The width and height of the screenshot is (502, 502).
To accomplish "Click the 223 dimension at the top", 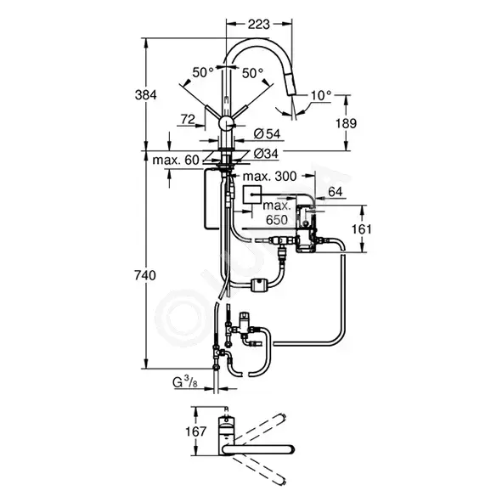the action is pos(259,25).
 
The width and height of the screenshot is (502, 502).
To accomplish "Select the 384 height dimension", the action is pos(146,95).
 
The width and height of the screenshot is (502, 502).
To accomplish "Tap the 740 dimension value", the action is pos(145,275).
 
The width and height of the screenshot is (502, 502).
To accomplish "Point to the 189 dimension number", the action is pos(346,123).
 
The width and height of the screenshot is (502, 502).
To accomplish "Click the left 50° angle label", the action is pos(203,73).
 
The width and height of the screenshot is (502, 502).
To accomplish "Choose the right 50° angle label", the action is pos(252,73).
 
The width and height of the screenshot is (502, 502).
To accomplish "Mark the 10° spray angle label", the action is pos(321,95).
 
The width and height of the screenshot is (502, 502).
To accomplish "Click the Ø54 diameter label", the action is pos(267,134).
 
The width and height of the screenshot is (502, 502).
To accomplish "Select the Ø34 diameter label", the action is pos(266,154).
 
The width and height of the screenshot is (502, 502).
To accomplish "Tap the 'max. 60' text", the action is pos(176,160).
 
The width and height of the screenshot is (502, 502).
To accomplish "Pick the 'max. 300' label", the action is pos(270,177).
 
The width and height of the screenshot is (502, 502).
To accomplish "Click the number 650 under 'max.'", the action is pos(277,220).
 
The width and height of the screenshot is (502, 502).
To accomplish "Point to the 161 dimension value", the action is pos(362,229).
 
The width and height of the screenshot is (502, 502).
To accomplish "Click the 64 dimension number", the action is pos(336,192).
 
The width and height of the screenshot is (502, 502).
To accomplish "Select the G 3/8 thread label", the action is pos(185,382).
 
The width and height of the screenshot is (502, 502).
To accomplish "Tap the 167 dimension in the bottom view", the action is pos(196,431).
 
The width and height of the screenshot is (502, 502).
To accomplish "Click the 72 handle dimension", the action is pos(188,120).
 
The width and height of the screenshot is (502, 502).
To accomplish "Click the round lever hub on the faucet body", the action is pos(227,123).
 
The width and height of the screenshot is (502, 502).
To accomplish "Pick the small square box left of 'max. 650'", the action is pos(252,195).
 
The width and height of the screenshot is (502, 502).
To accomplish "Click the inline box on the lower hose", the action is pos(260,285).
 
